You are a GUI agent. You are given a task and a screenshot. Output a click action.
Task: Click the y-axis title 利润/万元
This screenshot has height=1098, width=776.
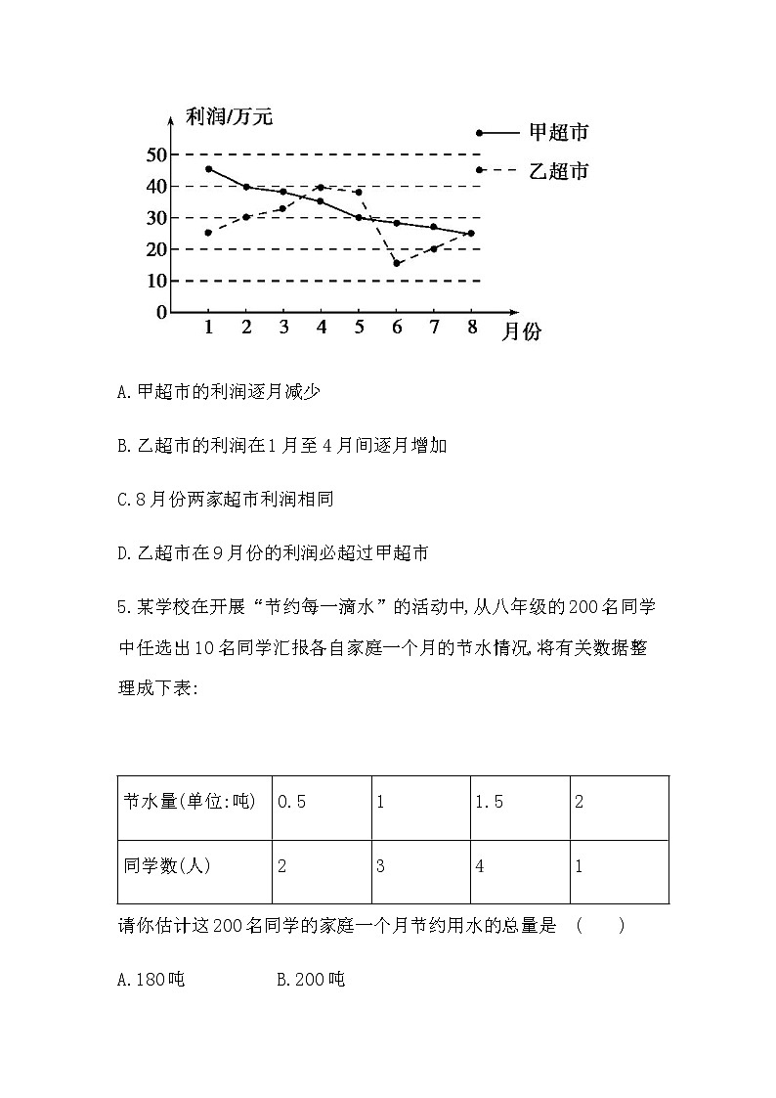pos(229,118)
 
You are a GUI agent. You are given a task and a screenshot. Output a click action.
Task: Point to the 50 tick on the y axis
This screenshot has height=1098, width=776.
pos(156,154)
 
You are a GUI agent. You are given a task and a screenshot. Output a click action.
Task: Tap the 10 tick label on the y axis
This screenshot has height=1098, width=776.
pos(156,281)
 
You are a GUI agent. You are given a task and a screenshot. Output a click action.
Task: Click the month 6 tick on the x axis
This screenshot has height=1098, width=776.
pos(397,327)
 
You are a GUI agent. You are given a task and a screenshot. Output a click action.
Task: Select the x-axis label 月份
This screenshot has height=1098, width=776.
pos(521,331)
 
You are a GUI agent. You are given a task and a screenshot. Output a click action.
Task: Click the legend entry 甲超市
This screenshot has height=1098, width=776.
pos(558,132)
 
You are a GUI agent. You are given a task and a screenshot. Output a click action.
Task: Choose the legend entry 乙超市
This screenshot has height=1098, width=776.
pos(558,170)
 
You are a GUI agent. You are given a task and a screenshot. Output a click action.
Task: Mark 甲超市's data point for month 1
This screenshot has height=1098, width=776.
pos(209,169)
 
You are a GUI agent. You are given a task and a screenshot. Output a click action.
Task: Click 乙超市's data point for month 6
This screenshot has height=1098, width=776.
pos(397,263)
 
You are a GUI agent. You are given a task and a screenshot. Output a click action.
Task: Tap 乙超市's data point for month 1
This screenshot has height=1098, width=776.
pos(209,233)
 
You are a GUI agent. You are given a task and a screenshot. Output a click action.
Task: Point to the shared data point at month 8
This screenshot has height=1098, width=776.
pos(471,233)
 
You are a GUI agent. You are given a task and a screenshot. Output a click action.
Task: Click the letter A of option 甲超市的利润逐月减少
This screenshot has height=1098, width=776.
pos(121,392)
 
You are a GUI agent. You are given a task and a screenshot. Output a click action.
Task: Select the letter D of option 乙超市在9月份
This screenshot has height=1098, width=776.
pos(121,553)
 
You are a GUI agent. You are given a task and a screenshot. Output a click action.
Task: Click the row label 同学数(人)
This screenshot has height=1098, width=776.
pos(167,865)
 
